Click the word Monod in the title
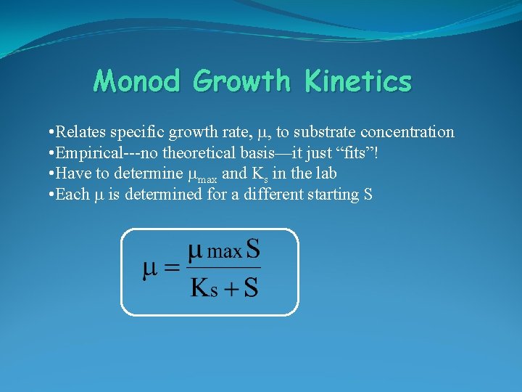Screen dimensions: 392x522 pos(136,81)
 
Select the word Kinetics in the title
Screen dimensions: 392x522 pos(358,81)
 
